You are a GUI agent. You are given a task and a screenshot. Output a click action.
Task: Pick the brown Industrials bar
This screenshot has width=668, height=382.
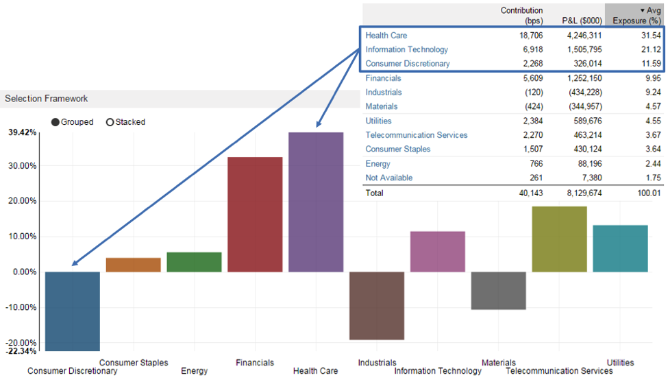click(x=377, y=305)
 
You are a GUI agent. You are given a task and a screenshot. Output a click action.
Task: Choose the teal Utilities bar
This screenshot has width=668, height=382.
click(x=620, y=248)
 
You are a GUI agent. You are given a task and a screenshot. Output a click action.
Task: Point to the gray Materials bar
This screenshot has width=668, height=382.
click(x=498, y=290)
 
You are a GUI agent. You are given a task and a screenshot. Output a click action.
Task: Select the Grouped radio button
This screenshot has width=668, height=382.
click(x=55, y=122)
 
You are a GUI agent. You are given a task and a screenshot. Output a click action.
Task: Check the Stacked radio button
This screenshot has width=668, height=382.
click(x=110, y=122)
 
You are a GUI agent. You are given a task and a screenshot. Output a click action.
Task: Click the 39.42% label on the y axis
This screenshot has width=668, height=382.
click(x=22, y=132)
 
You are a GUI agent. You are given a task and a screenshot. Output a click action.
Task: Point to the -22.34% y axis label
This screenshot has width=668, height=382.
click(x=22, y=351)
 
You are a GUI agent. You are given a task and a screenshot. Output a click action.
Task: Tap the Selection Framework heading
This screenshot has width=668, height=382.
click(x=47, y=99)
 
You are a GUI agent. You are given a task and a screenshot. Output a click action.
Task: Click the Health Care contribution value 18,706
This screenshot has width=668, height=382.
click(x=530, y=35)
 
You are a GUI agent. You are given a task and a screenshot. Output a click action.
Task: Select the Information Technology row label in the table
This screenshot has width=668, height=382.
click(x=406, y=49)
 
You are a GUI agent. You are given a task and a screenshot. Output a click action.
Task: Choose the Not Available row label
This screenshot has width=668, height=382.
click(x=388, y=178)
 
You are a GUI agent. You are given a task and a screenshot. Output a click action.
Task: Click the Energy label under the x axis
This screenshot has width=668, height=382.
click(x=195, y=371)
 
